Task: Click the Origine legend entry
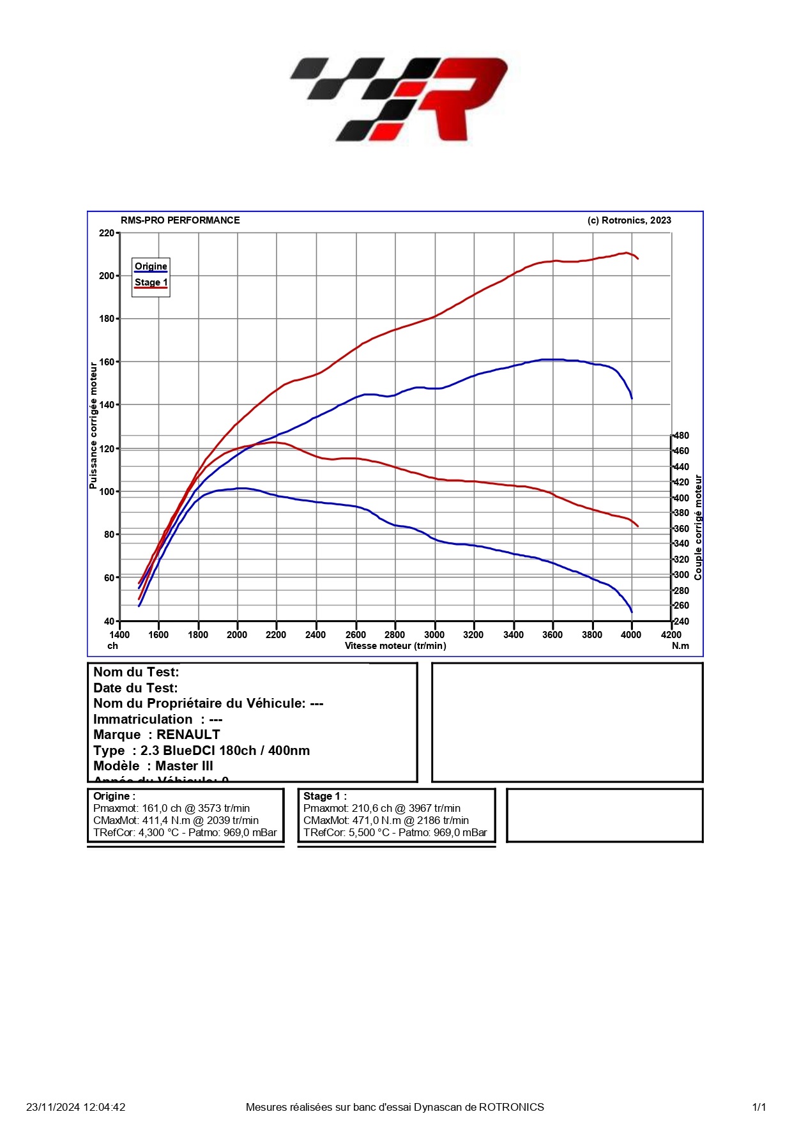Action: (x=151, y=266)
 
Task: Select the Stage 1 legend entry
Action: (x=151, y=282)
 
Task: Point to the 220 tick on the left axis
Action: (x=107, y=233)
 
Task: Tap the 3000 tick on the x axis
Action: (x=434, y=634)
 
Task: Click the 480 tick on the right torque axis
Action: (x=682, y=436)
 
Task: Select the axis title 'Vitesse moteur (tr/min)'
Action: (x=395, y=646)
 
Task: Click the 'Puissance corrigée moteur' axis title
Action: (x=93, y=426)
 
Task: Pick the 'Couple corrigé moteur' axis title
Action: (x=698, y=528)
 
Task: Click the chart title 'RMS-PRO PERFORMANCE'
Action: (x=180, y=220)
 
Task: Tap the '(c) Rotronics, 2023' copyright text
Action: (x=629, y=220)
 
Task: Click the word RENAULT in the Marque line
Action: (x=188, y=735)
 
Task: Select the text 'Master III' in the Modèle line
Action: (x=185, y=766)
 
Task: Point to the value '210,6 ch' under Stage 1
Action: (x=371, y=809)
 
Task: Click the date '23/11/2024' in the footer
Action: (x=49, y=1107)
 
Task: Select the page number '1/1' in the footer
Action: (x=759, y=1107)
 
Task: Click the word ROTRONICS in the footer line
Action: (x=512, y=1107)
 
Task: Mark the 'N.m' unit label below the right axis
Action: (x=680, y=646)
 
